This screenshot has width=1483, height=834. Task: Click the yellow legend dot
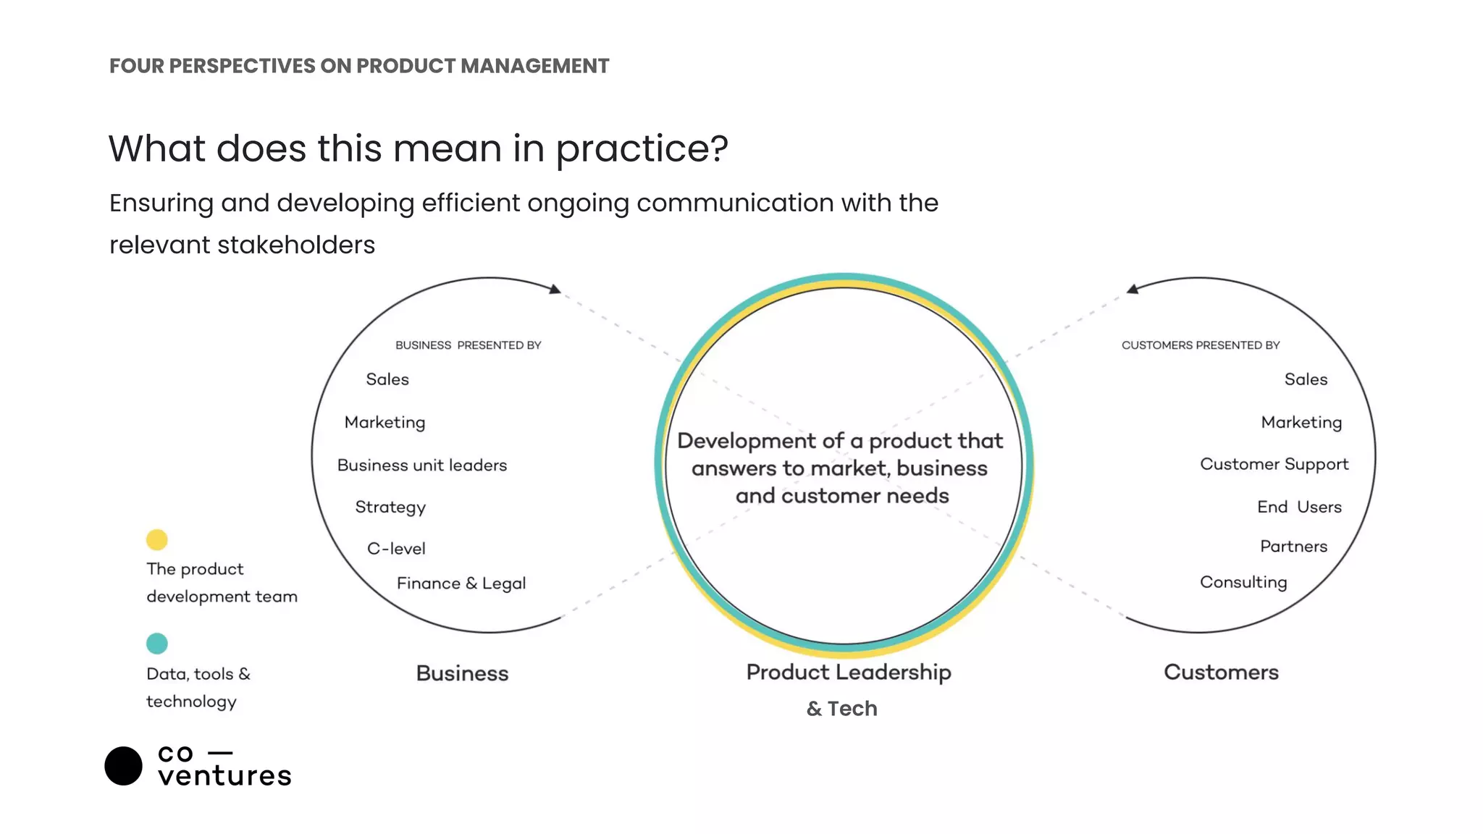156,539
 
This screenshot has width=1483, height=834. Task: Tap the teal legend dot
156,643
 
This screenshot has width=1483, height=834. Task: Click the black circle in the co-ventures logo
124,766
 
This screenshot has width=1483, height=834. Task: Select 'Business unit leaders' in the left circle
422,466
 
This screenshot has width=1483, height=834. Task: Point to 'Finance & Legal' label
461,584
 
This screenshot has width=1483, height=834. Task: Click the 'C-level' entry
396,549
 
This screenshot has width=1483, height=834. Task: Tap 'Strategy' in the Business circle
390,507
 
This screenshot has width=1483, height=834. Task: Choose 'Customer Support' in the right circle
1274,465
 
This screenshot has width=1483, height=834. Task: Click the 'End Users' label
1299,507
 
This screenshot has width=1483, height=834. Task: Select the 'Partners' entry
1293,547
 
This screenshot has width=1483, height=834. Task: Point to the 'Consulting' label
1243,583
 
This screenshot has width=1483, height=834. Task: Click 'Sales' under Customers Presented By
1306,379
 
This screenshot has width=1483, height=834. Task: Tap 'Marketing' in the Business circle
385,423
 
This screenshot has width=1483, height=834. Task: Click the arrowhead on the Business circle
555,290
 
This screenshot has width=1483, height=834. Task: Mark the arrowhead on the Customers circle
1133,290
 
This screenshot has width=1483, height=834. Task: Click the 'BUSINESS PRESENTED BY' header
468,345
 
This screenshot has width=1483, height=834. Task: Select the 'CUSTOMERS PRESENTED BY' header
1201,345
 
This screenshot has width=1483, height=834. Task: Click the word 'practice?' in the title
642,149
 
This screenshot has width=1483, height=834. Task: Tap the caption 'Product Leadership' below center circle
849,673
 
